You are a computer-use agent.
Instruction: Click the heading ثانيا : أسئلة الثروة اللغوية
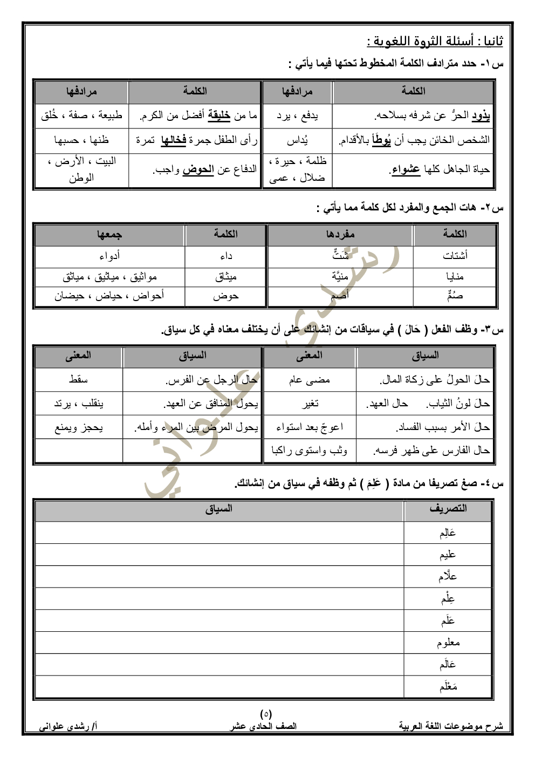(435, 42)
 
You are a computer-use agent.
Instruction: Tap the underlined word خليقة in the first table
(219, 115)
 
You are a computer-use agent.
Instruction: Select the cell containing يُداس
(297, 140)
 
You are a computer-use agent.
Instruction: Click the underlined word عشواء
(406, 169)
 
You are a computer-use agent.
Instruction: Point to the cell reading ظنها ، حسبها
(81, 140)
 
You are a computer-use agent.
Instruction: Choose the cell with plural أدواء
(109, 256)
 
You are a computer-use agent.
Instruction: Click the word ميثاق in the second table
(225, 277)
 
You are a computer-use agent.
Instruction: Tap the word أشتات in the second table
(455, 256)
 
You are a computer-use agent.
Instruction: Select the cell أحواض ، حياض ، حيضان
(109, 296)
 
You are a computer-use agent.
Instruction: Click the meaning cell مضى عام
(309, 380)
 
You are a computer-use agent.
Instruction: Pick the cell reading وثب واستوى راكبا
(309, 450)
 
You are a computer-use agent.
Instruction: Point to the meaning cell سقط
(78, 380)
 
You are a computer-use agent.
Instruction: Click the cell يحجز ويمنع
(78, 427)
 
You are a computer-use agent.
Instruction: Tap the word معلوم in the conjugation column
(448, 643)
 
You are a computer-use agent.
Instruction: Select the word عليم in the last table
(448, 555)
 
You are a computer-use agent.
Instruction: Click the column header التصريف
(448, 509)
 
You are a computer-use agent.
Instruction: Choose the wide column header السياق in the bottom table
(218, 509)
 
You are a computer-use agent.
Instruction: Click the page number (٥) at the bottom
(266, 714)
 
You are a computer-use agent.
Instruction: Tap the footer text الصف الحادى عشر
(264, 726)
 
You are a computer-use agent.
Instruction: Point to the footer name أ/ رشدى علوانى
(68, 726)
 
